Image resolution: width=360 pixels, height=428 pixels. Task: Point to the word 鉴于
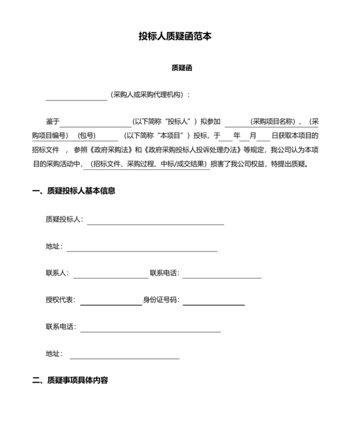53,121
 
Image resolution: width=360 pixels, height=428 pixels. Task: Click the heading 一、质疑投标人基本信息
74,191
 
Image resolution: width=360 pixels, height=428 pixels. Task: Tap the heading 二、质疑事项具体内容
70,380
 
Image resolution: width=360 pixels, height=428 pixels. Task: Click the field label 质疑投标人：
64,219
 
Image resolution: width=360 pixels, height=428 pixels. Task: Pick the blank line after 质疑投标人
156,223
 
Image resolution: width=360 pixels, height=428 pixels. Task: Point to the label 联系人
57,273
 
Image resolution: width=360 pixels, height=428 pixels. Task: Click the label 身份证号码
161,300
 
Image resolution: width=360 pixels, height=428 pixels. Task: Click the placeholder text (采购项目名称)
273,121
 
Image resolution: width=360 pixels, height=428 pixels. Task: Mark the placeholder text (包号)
86,135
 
